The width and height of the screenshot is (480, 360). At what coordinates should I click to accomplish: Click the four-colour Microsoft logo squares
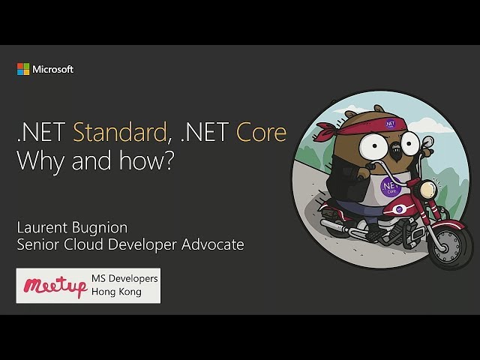(23, 69)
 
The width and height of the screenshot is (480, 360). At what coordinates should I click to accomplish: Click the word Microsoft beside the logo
(53, 70)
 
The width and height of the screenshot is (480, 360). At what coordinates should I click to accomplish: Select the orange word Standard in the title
(120, 132)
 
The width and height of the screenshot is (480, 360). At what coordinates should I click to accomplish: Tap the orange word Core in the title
(262, 132)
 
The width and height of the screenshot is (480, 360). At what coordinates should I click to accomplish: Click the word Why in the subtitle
(40, 161)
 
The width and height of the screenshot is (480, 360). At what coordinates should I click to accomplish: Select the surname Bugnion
(100, 228)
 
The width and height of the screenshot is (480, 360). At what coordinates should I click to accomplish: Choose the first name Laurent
(42, 227)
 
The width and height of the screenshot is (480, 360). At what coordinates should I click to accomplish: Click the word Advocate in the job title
(213, 244)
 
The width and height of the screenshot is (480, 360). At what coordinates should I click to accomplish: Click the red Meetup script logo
(55, 286)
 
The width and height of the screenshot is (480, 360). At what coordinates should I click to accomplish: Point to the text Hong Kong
(117, 292)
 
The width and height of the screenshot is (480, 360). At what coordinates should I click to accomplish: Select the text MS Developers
(124, 278)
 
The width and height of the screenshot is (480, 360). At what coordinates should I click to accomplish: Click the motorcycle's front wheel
(450, 246)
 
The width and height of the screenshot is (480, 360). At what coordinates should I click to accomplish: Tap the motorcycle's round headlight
(427, 189)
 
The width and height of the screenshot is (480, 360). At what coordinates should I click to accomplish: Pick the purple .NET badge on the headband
(390, 123)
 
